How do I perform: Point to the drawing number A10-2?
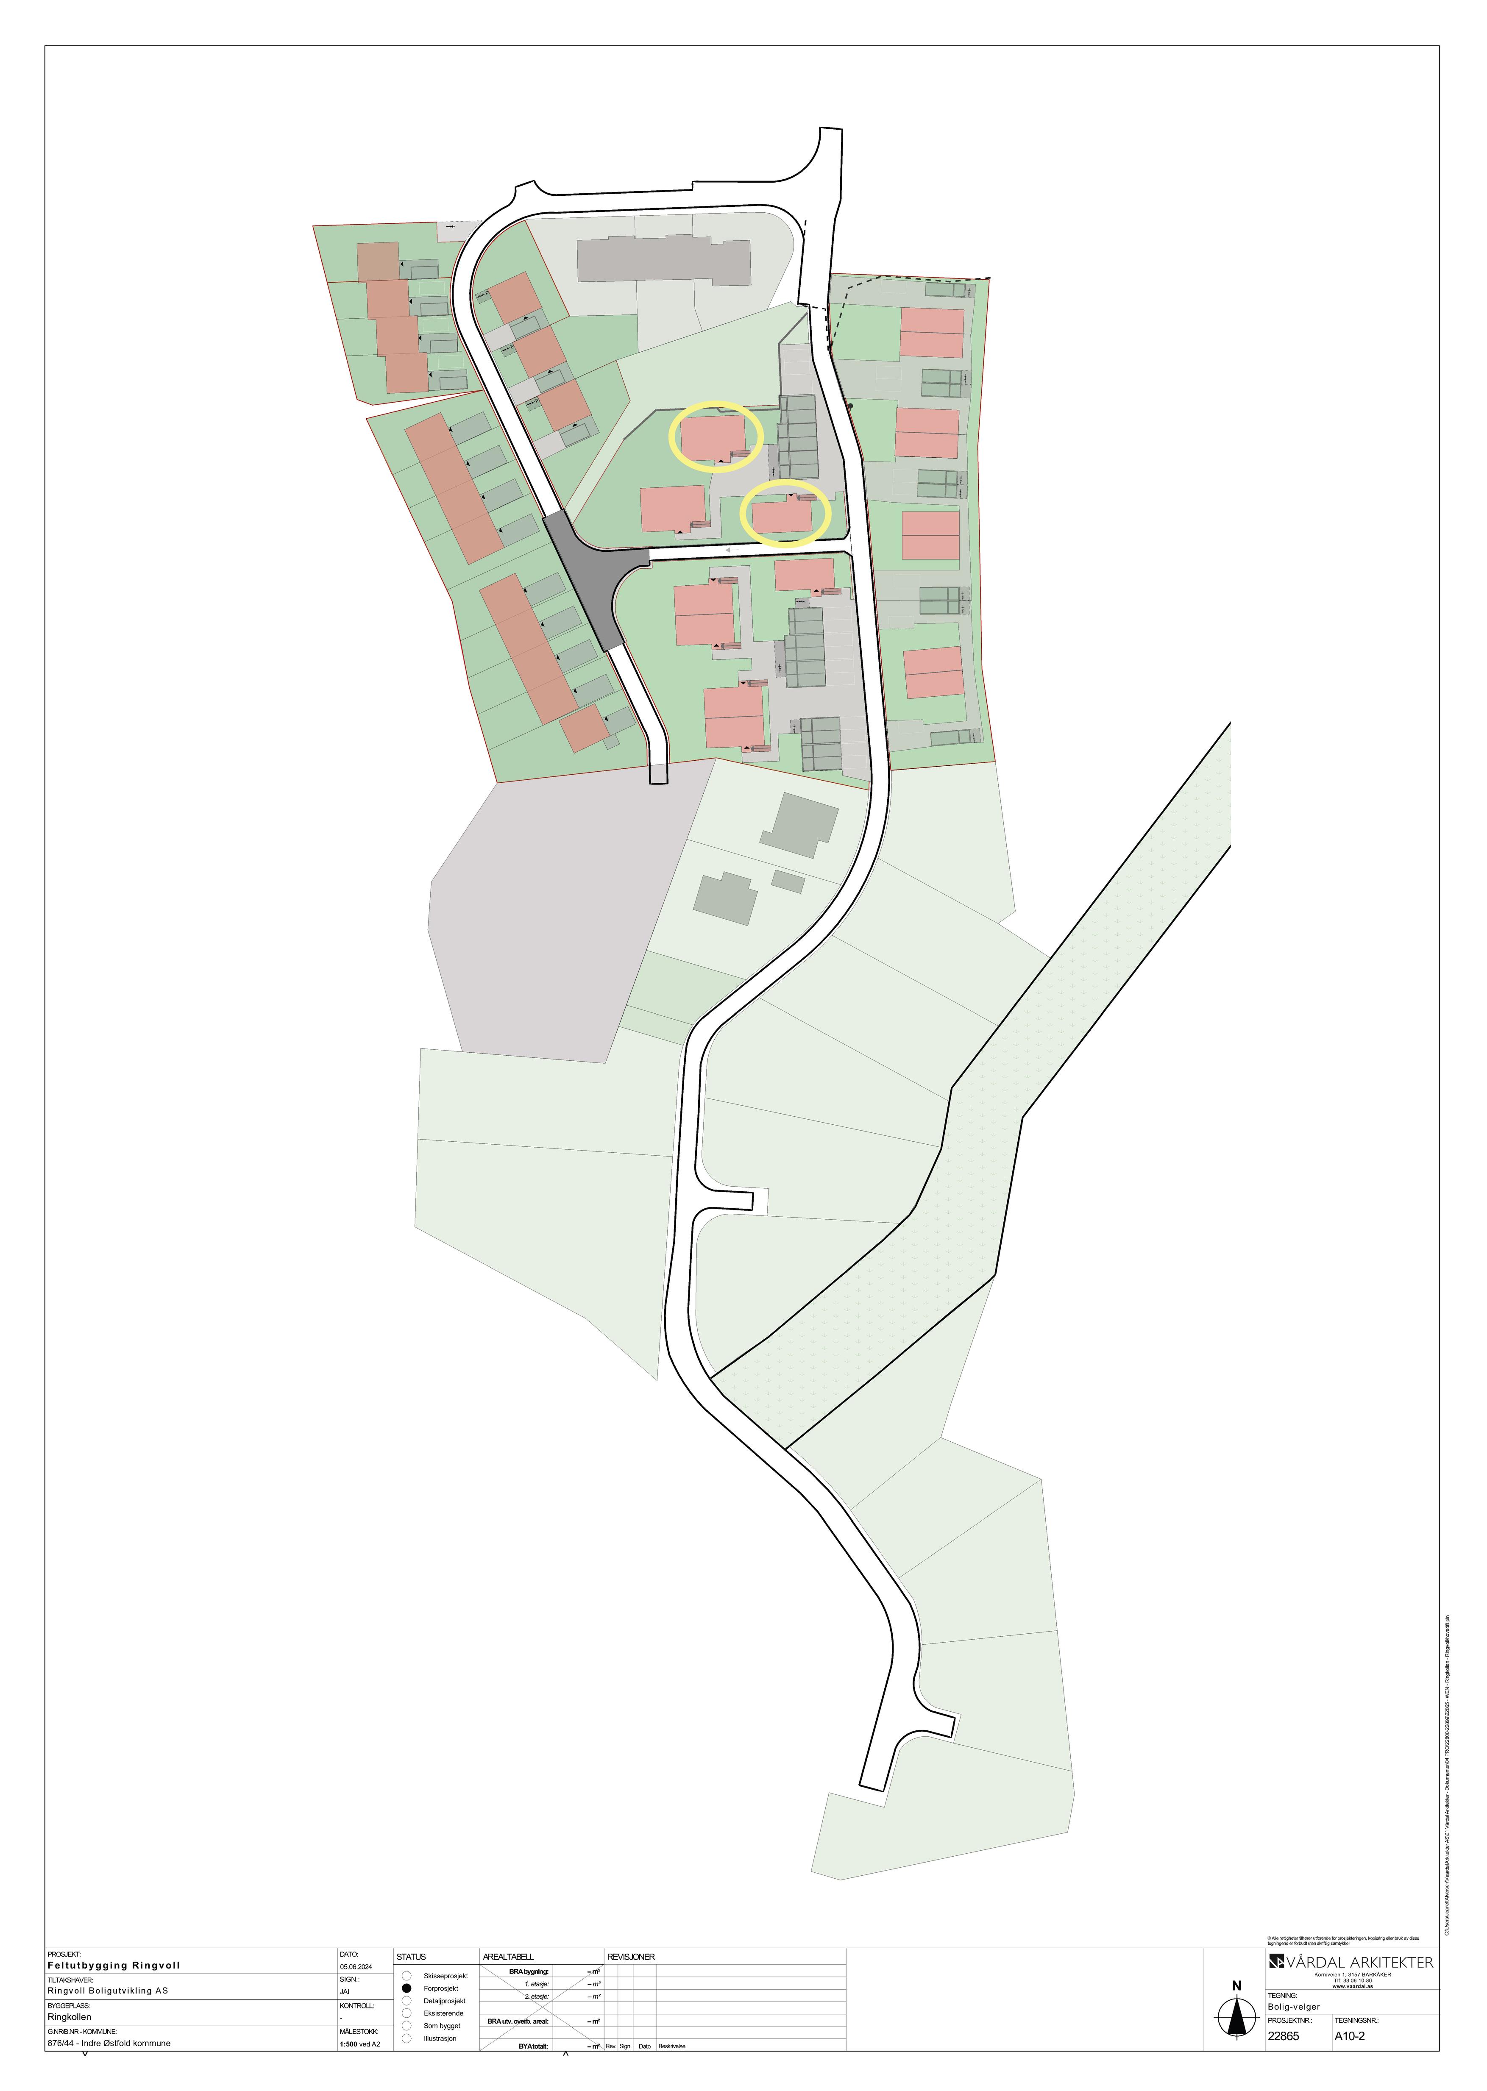pyautogui.click(x=1350, y=2036)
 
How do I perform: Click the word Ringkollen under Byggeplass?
pyautogui.click(x=70, y=2017)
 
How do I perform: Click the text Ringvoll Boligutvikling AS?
pyautogui.click(x=108, y=1990)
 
